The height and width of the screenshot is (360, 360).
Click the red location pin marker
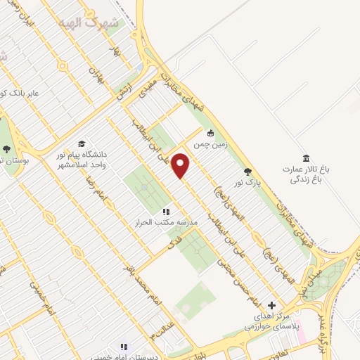[181, 166]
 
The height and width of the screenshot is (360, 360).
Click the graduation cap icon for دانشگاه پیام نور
[82, 143]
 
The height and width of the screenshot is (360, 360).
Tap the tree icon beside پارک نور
[247, 172]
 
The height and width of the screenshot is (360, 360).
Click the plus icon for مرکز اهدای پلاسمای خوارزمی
[271, 306]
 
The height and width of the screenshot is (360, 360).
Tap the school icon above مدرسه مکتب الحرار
[166, 212]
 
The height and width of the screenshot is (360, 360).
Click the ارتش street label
[124, 87]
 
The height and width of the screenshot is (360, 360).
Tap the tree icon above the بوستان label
[6, 149]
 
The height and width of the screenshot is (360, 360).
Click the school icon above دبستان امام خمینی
[124, 347]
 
